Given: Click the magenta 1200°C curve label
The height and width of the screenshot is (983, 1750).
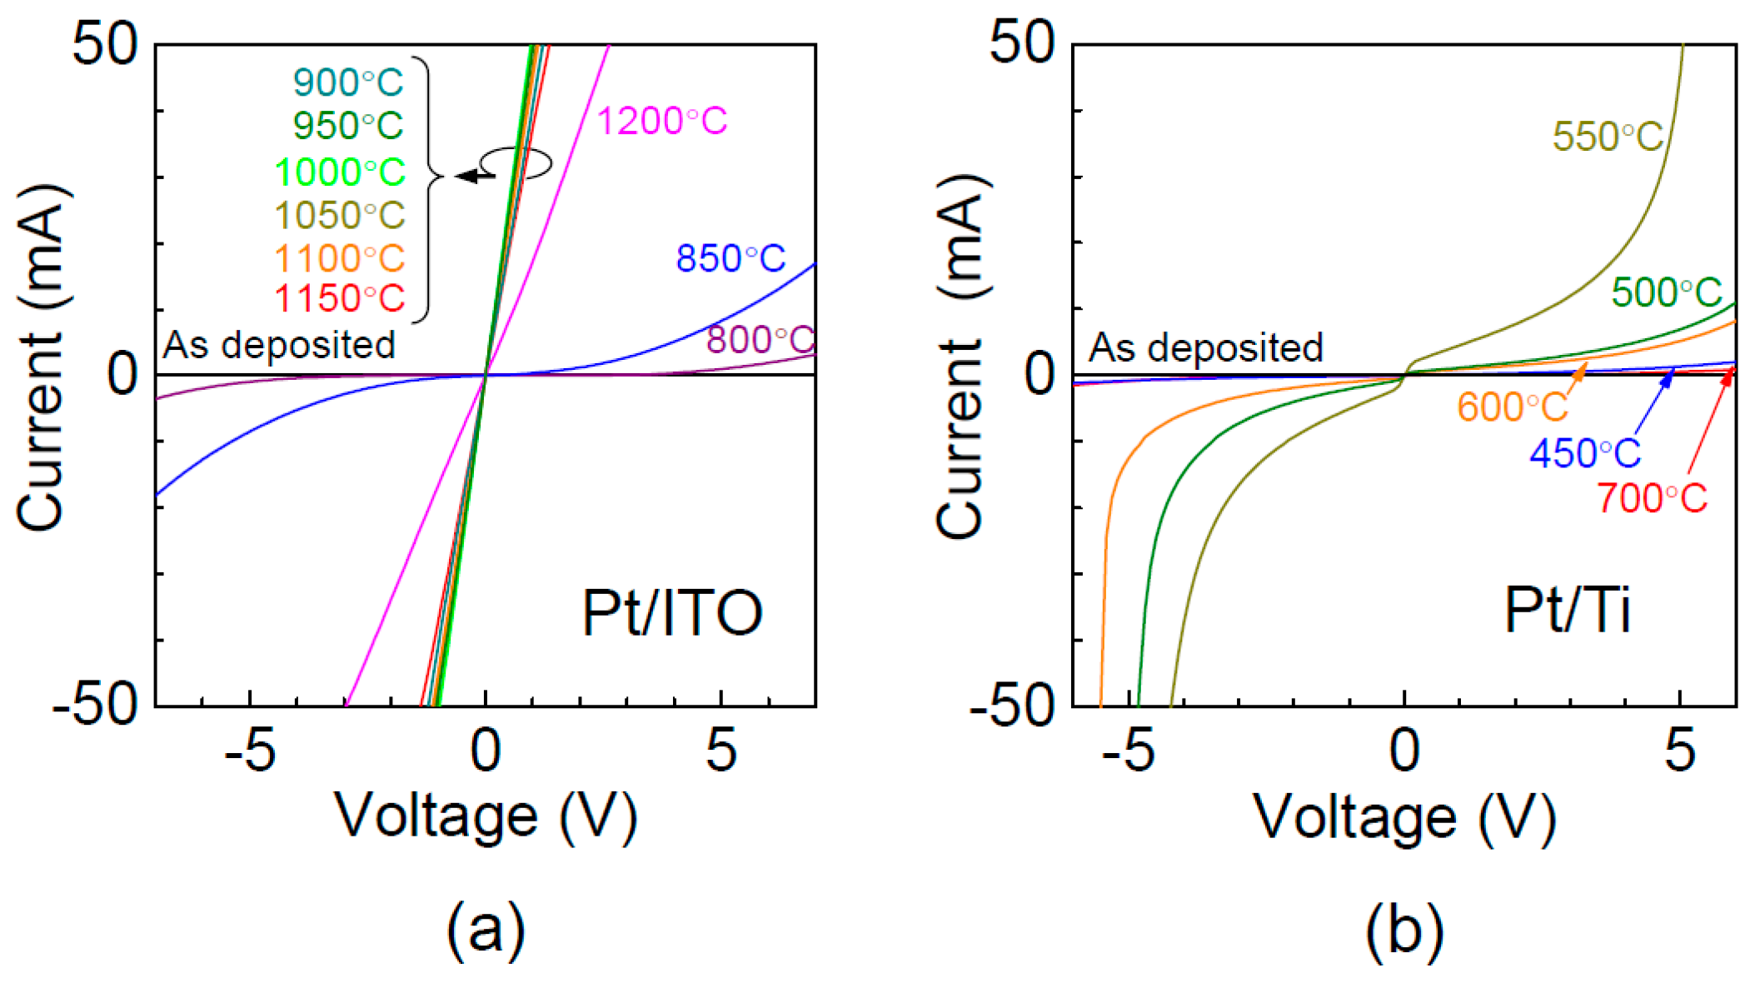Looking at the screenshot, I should tap(662, 122).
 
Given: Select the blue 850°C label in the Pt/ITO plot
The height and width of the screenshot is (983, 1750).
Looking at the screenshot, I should tap(730, 259).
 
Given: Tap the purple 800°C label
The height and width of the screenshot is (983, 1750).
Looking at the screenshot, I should tap(760, 340).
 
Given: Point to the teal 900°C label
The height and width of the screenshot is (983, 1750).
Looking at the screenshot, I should tap(348, 82).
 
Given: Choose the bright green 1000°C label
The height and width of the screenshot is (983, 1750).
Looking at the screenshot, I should tap(340, 172).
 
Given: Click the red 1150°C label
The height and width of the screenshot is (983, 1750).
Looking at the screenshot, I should tap(340, 299).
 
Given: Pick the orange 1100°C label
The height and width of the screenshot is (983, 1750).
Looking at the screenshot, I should tap(340, 259).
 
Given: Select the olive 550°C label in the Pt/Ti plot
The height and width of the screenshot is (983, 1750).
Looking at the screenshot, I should tap(1608, 137).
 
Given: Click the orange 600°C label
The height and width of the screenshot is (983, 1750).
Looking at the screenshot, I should tap(1513, 407).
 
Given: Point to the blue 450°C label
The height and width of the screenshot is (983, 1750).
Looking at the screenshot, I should tap(1585, 454).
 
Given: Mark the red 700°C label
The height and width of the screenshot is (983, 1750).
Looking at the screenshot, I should tap(1652, 499).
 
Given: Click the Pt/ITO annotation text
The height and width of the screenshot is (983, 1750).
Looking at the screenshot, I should tap(671, 614).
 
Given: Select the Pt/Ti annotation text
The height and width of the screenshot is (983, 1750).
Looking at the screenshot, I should tap(1567, 611).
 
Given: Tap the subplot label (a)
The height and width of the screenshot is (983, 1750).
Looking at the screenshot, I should tap(486, 931).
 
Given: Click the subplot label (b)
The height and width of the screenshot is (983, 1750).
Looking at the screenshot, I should tap(1404, 931).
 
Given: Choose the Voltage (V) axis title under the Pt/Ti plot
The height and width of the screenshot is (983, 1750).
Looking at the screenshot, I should tap(1404, 818).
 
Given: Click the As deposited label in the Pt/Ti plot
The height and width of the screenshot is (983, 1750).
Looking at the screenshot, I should tap(1206, 347).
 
